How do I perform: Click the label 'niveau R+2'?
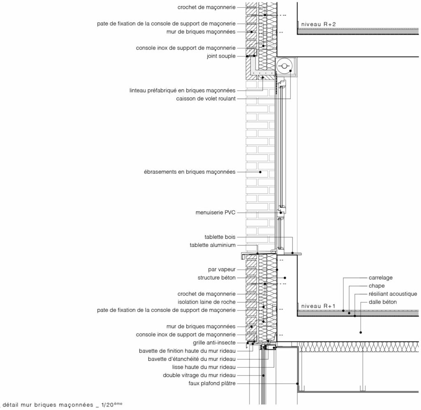tap(319, 24)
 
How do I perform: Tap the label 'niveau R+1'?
tap(319, 306)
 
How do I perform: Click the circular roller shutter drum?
tap(285, 65)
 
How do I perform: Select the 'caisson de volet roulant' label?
tap(206, 99)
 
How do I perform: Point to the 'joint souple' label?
tap(221, 56)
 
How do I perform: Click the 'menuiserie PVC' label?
tap(215, 212)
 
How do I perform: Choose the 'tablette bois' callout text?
tap(220, 237)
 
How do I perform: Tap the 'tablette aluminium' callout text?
tap(213, 245)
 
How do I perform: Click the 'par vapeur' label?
tap(222, 269)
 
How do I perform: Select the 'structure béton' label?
tap(217, 278)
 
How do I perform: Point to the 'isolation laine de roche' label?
tap(206, 302)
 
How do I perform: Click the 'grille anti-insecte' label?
tap(214, 343)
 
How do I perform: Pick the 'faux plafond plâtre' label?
tap(212, 383)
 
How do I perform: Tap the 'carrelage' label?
tap(380, 278)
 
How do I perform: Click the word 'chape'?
tap(377, 286)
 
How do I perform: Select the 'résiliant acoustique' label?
tap(393, 294)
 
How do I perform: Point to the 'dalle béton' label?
tap(383, 302)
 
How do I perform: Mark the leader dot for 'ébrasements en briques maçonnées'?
tap(260, 172)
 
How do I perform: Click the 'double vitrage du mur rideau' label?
tap(199, 375)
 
